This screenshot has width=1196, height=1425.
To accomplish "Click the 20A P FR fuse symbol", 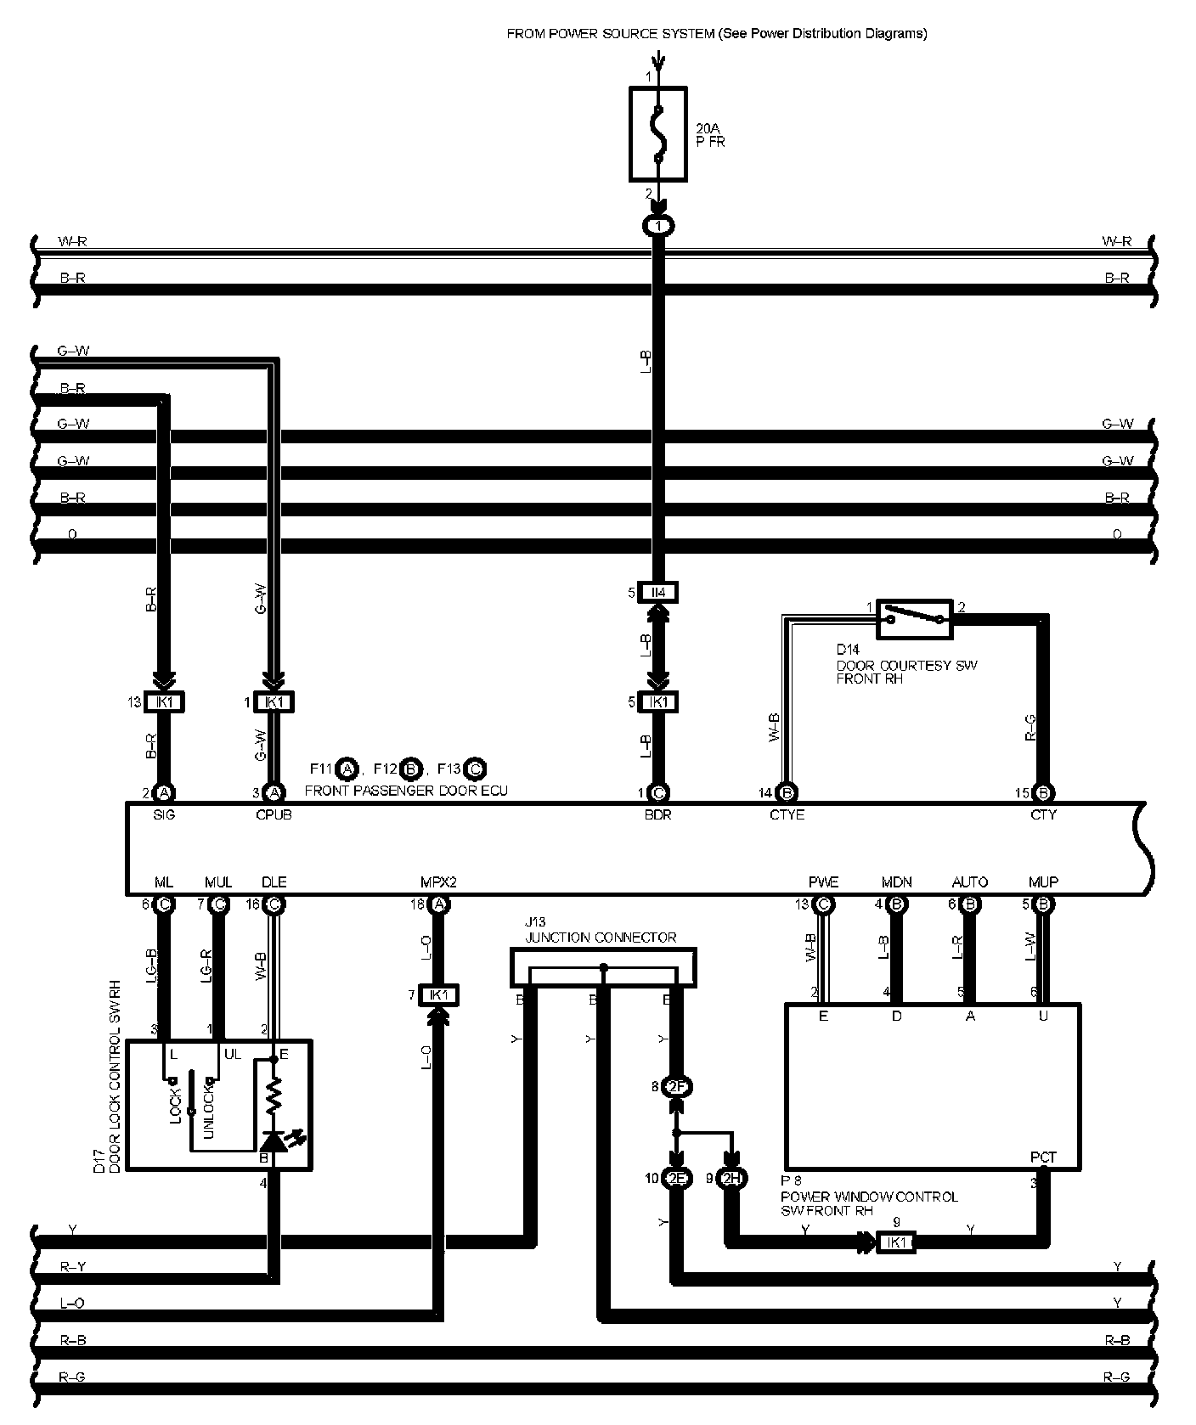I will point(657,133).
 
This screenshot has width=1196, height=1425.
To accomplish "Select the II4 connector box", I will point(658,592).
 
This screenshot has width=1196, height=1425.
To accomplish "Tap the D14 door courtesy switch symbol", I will point(914,617).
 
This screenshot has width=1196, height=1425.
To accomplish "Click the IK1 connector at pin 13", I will point(165,702).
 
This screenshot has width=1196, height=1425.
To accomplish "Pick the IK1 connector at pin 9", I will point(896,1242).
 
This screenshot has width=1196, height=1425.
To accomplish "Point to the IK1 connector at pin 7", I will point(438,995).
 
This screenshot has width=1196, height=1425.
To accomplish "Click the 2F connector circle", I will point(677,1087).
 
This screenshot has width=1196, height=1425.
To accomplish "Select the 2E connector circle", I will point(676,1178).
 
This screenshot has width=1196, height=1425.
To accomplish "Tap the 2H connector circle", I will point(731,1178).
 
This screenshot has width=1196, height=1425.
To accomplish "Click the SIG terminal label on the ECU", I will point(164,814).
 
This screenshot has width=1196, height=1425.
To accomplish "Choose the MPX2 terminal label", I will point(438,882).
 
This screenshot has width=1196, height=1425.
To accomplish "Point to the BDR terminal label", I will point(658,814).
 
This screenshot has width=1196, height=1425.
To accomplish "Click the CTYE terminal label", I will point(787,814).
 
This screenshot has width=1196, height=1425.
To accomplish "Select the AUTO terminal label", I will point(970,882).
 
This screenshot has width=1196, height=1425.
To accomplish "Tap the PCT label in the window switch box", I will point(1043,1157).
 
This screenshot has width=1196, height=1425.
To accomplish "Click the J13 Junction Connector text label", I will point(601,938).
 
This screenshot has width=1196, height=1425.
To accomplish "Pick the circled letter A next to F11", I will point(346,769).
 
